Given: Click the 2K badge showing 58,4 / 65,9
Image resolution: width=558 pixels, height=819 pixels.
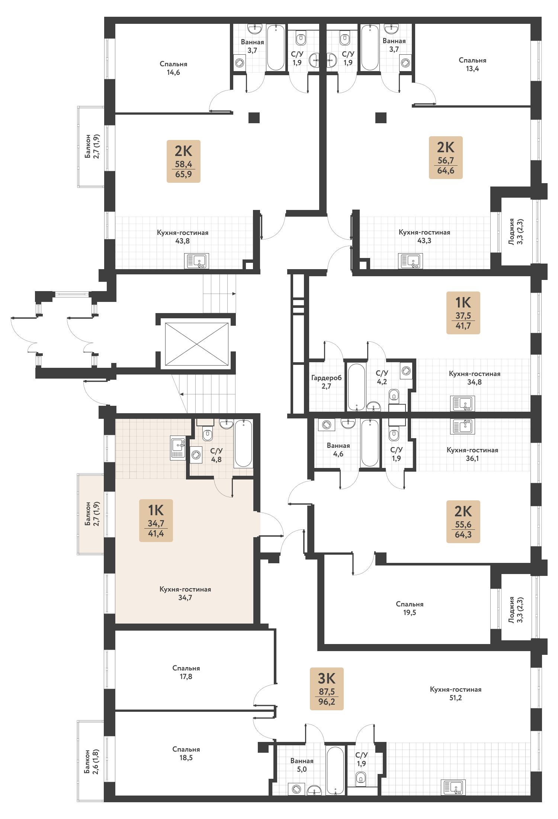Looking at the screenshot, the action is coord(183,161).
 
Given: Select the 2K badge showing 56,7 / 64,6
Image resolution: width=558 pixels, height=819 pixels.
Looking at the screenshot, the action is coord(446,157).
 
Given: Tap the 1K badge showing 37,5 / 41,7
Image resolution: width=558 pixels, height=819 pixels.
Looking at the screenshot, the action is coord(463,313).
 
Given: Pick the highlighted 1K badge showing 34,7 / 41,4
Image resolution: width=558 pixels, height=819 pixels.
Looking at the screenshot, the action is coord(156,520).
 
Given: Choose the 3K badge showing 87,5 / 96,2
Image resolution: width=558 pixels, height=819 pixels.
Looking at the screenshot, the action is coord(327,689).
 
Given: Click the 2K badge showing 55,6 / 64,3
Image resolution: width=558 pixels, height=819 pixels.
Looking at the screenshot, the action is coord(463,522).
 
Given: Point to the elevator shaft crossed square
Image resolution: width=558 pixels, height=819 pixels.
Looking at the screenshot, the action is coord(196,344).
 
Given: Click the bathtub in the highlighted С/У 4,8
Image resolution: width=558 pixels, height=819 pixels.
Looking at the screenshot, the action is coord(243,443).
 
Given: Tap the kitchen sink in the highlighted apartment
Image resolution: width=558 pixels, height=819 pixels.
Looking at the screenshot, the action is coord(178,447).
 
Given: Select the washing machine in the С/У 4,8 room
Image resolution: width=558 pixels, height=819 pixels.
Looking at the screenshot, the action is coord(196,455).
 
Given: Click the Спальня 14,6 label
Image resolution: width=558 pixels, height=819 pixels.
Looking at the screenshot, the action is coord(173,68).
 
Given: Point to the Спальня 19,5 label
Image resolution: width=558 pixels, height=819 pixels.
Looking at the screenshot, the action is coord(410,608).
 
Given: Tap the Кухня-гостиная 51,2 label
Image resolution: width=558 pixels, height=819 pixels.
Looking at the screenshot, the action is coord(456,694).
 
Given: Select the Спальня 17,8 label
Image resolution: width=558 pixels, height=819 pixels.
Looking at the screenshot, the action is coord(186,672).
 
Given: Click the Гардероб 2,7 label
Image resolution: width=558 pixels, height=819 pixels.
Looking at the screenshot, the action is coord(326,382).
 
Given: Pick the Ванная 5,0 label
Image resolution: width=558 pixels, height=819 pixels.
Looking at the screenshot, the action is coord(302,765).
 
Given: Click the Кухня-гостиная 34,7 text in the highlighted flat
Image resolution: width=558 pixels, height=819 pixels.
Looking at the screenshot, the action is coord(185,593).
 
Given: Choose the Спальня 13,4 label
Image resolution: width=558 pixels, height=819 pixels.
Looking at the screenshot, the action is coord(472,64).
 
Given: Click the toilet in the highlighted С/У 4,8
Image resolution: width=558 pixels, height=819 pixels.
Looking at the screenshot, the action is coord(208,434).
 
